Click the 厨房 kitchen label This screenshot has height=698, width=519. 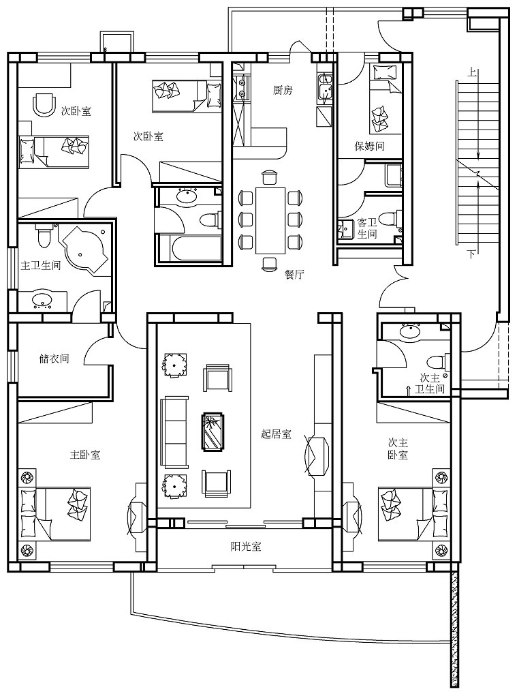click(283, 91)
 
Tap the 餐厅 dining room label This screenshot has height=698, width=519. click(294, 275)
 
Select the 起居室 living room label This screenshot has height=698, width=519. click(276, 434)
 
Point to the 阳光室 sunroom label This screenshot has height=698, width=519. click(245, 547)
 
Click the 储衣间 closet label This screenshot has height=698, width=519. click(54, 359)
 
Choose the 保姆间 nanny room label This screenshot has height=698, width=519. click(369, 146)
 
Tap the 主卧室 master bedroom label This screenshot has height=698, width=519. click(85, 455)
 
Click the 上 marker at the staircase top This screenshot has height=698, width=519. click(472, 72)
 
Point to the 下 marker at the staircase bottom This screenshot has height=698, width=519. click(471, 255)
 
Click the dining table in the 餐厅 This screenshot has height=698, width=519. click(270, 220)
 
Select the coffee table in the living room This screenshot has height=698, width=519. click(213, 431)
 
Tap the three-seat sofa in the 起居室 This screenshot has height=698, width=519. click(174, 431)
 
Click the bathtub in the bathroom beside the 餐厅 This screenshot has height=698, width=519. click(189, 249)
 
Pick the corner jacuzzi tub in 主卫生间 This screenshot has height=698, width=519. click(83, 248)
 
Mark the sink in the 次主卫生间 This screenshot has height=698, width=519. click(411, 331)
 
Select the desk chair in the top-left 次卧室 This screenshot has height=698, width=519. click(44, 104)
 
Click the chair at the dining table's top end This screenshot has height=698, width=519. click(270, 177)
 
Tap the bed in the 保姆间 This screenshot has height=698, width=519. click(386, 98)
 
